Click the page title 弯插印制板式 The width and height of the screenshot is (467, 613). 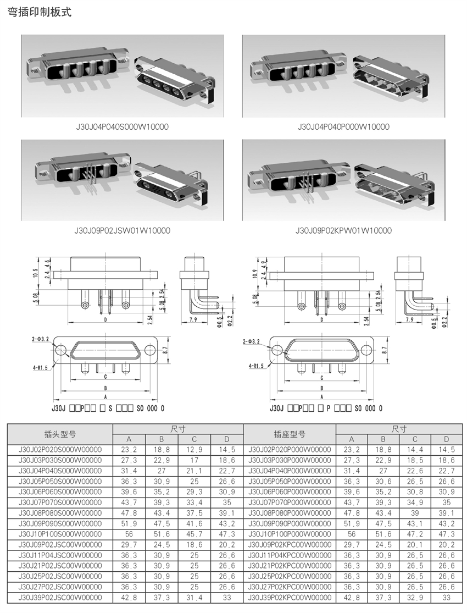(40, 12)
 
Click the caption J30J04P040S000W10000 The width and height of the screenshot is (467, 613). (122, 126)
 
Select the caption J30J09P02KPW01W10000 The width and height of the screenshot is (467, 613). (343, 231)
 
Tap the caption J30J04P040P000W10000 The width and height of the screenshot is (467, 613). (343, 126)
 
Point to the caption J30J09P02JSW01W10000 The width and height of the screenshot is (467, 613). (123, 231)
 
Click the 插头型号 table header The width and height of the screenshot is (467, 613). (60, 434)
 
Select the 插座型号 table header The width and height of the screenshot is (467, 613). (290, 434)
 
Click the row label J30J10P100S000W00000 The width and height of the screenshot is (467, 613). (60, 534)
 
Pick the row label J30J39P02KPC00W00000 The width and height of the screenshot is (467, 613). (290, 598)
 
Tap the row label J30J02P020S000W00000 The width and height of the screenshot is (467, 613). (60, 450)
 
